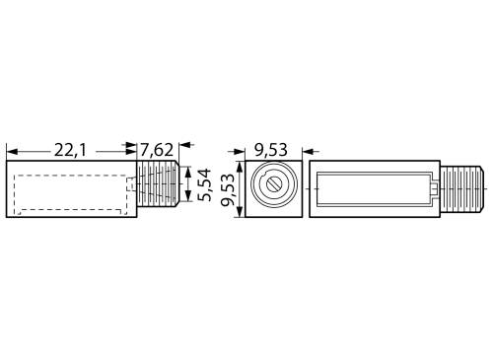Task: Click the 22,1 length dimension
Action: click(x=68, y=149)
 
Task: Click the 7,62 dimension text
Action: click(x=158, y=149)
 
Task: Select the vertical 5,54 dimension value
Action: click(x=205, y=184)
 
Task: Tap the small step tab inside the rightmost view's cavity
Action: click(x=430, y=186)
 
